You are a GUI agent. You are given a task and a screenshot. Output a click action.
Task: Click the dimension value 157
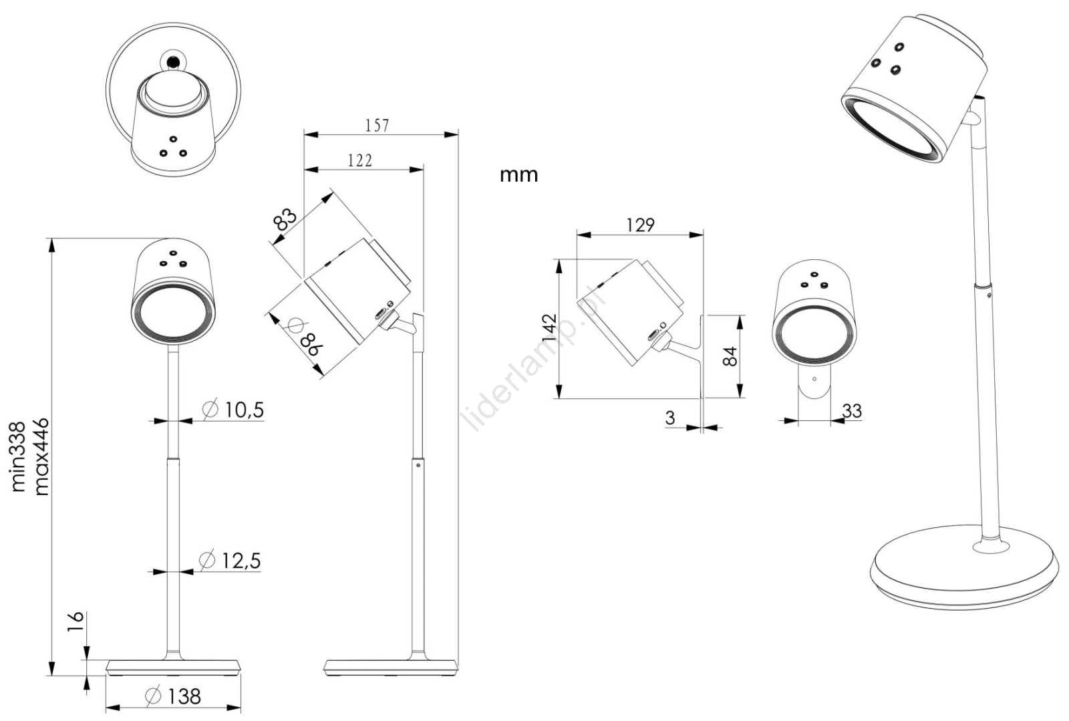[377, 125]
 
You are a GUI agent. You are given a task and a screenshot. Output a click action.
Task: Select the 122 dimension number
[360, 160]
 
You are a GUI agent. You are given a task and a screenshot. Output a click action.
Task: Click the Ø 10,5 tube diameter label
[233, 409]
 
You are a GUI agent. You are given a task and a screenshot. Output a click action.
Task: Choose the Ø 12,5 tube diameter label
[231, 560]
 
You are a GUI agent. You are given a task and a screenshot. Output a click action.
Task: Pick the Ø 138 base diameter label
[173, 696]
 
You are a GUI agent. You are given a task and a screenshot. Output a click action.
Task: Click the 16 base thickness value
[75, 616]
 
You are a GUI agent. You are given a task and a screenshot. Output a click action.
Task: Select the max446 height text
[41, 456]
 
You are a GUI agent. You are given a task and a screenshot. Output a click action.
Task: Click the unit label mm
[518, 175]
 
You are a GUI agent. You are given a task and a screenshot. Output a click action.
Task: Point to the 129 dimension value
[640, 225]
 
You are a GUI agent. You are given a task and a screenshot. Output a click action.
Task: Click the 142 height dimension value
[549, 328]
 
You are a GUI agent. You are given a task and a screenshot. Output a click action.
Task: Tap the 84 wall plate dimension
[731, 356]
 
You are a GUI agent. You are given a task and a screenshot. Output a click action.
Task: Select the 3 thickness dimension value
[670, 418]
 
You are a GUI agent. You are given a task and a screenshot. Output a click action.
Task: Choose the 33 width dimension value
[852, 410]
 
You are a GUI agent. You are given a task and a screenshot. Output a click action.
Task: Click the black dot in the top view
[174, 62]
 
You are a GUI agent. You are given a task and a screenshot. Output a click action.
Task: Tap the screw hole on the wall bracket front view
[814, 379]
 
